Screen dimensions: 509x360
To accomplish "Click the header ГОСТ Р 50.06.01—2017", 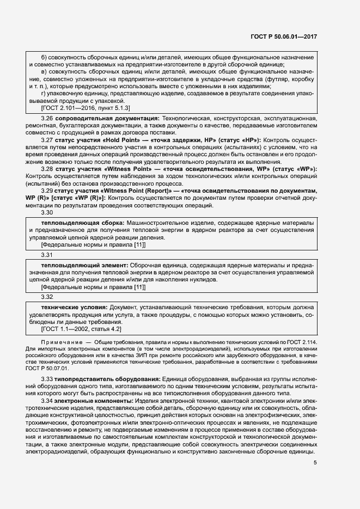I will tap(285, 37).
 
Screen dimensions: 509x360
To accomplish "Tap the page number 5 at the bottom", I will tap(315, 463).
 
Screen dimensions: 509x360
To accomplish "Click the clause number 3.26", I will tap(48, 118).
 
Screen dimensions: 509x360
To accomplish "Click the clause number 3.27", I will tap(48, 140).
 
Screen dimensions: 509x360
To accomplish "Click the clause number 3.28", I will tap(48, 169).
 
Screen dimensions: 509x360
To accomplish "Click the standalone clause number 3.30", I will tap(48, 213).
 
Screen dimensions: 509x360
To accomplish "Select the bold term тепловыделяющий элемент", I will tap(84, 265).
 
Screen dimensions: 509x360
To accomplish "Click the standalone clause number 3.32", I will tap(48, 297).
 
